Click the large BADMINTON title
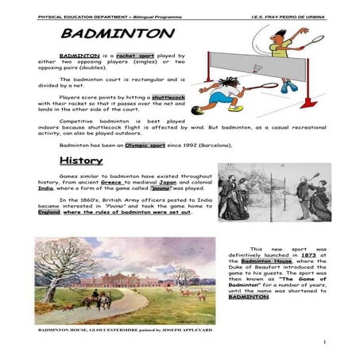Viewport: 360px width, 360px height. click(117, 34)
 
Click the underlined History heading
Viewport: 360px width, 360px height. click(80, 161)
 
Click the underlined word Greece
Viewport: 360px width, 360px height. click(131, 180)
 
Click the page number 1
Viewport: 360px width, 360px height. click(325, 343)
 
